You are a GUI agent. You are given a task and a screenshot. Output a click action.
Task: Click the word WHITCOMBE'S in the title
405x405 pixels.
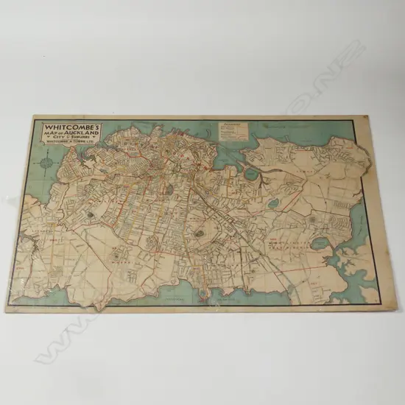(64, 127)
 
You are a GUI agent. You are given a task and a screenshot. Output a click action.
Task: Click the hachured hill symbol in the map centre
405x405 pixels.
(199, 233)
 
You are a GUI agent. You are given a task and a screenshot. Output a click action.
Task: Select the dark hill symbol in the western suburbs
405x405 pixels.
(91, 214)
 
